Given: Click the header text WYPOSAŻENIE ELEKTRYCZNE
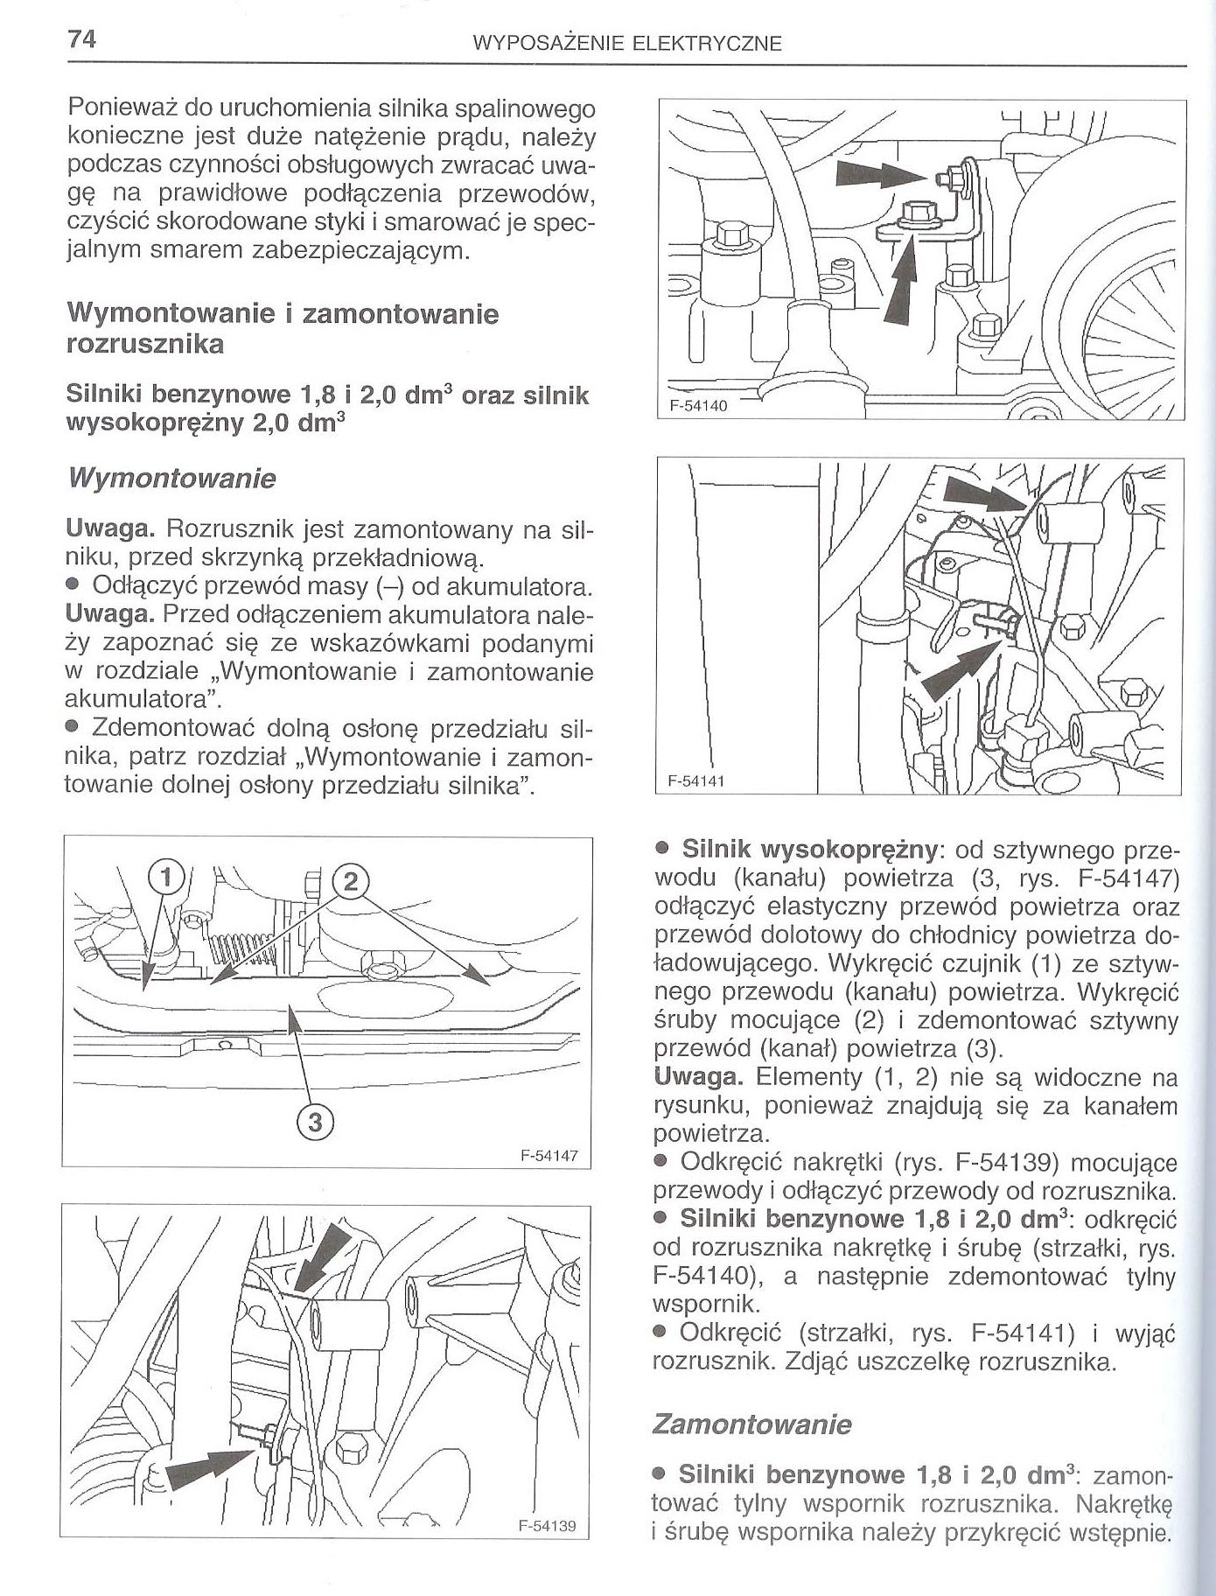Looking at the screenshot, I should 625,44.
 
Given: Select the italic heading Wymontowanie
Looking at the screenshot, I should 171,479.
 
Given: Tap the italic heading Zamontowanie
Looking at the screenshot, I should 751,1424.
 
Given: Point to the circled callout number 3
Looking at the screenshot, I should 317,1122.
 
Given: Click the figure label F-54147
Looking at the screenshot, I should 549,1155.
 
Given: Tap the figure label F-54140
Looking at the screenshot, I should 698,405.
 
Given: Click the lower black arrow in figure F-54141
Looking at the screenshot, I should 958,670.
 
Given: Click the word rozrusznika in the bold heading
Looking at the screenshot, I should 145,344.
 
